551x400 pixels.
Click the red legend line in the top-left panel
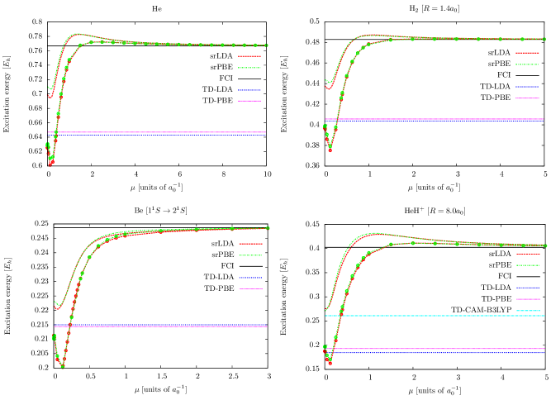[x=249, y=56]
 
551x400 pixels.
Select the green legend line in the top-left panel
[x=249, y=68]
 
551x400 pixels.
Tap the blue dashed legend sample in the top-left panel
[x=249, y=90]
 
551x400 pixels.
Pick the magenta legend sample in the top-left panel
[x=249, y=101]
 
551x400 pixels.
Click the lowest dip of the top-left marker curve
[x=50, y=164]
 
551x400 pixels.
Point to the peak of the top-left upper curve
[x=78, y=34]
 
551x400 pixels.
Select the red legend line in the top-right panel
[x=527, y=53]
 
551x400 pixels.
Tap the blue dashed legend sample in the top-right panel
[x=527, y=87]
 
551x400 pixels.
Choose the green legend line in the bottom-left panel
[x=250, y=255]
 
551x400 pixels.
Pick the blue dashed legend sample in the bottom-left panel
[x=250, y=278]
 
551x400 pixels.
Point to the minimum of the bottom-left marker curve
[x=62, y=366]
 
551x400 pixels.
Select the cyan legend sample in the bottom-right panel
[x=528, y=311]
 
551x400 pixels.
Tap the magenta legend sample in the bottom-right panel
[x=528, y=299]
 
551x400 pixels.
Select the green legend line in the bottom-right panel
[x=528, y=265]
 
